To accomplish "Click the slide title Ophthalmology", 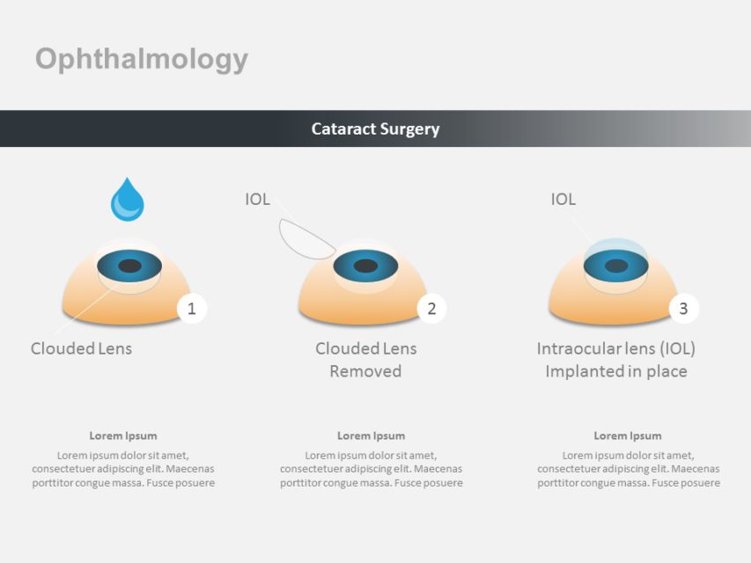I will (x=142, y=59).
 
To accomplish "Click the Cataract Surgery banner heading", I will (x=375, y=128).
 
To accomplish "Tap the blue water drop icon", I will (x=128, y=201).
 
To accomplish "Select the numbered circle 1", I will (x=192, y=308).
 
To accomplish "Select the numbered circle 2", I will (x=431, y=308).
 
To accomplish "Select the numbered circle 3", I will (x=683, y=308).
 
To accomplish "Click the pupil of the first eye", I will (x=129, y=266).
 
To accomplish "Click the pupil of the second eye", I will (x=364, y=265).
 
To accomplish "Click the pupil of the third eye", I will (x=616, y=266).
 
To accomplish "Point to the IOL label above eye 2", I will (x=257, y=200).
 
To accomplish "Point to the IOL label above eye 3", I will (x=563, y=200).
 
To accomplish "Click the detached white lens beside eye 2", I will (x=302, y=238).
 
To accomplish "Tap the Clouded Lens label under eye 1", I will (x=81, y=348).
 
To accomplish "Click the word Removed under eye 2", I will (x=365, y=371).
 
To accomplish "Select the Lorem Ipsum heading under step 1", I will (x=123, y=435).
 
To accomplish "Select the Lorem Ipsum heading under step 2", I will (x=371, y=435).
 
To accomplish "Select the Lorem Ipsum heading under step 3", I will (x=627, y=435).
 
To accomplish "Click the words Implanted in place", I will (x=615, y=371).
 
